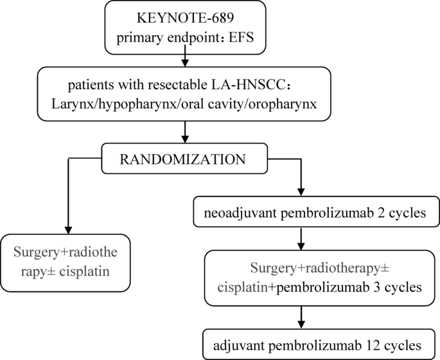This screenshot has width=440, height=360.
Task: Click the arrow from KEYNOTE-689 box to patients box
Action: pos(185,60)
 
